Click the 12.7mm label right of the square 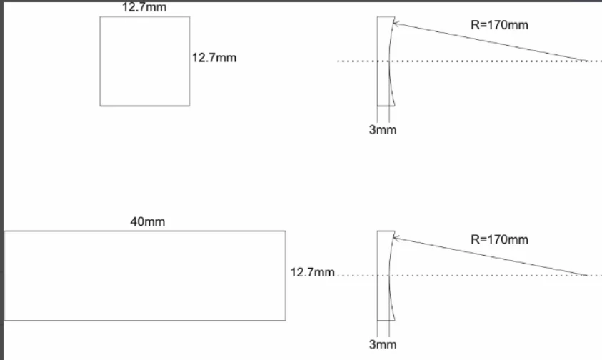[214, 58]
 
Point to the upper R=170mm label [500, 24]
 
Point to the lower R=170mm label [500, 239]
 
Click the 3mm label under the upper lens [383, 130]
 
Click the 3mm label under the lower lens [383, 344]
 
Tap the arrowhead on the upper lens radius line [395, 24]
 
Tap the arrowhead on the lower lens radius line [395, 238]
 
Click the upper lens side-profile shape [384, 61]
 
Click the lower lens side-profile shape [384, 276]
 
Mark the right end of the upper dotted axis [592, 61]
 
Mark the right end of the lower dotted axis [592, 276]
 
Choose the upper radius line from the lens [493, 42]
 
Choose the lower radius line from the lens [493, 256]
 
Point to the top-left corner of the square [101, 17]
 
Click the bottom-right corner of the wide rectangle [285, 320]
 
